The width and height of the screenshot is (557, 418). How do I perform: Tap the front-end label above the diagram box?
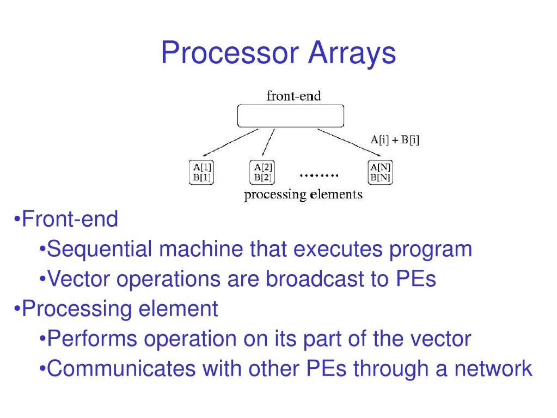tap(293, 96)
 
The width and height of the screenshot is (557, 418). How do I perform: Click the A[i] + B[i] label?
tap(395, 140)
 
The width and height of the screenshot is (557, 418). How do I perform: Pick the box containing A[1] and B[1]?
tap(200, 172)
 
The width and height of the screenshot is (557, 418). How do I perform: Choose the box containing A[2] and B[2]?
tap(262, 172)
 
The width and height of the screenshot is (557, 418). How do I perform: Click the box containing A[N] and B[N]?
tap(381, 172)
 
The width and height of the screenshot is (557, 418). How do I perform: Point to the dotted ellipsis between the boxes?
tap(319, 175)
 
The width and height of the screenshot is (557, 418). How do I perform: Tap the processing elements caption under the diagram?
tap(303, 195)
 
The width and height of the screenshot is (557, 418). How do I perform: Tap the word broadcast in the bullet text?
tap(310, 279)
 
